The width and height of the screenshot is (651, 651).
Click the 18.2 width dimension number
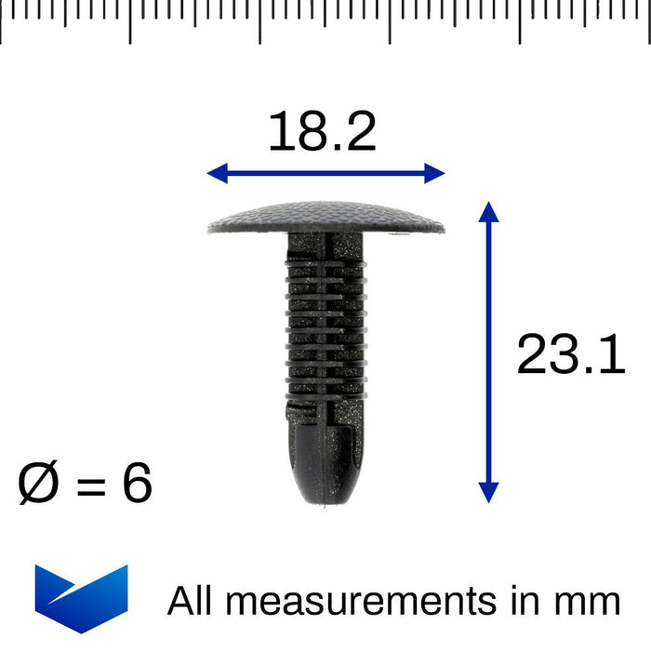(322, 131)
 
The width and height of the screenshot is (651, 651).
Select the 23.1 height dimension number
(571, 354)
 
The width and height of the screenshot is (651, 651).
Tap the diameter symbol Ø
(38, 483)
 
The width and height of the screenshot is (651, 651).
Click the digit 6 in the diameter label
(137, 483)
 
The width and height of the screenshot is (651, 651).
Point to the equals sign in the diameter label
(91, 485)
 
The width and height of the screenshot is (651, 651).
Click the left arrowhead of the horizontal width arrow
(217, 173)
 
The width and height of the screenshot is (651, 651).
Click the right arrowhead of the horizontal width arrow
(434, 173)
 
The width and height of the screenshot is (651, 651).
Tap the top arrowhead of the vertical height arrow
(488, 212)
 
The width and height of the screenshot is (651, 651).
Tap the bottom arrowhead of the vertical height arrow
(488, 493)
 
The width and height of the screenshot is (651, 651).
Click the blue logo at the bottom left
(82, 599)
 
